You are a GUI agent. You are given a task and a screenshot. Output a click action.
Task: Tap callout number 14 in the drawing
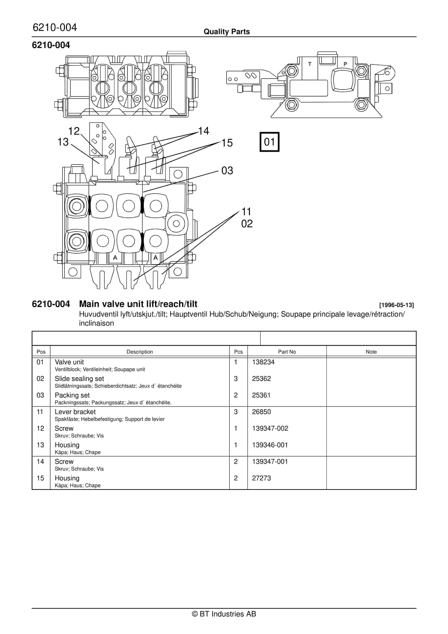204,131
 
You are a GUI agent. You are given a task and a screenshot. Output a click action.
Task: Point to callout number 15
227,143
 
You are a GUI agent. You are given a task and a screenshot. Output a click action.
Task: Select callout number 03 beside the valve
227,170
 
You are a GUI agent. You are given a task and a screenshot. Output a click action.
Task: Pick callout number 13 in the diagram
63,142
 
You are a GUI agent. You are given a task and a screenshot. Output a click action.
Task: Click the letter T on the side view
310,64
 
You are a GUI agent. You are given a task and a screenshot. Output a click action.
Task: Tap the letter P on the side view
345,64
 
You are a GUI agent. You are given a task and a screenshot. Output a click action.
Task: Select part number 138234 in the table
263,362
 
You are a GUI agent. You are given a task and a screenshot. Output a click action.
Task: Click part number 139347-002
270,428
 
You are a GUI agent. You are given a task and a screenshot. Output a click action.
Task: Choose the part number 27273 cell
261,478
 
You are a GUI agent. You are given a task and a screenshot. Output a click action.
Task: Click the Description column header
140,352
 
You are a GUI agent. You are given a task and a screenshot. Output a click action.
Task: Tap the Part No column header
287,352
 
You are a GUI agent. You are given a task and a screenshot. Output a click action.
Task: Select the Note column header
371,352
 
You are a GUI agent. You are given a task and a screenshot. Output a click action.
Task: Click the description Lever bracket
75,412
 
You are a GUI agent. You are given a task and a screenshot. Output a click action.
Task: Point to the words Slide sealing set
79,379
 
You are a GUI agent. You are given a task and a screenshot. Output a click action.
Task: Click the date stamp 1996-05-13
396,305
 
